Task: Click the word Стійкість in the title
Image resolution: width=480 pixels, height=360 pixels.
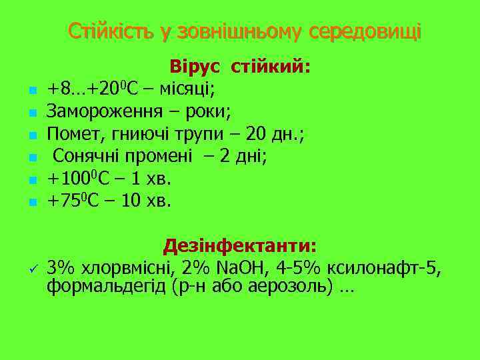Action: click(110, 31)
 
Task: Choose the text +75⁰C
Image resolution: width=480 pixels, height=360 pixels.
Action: click(72, 201)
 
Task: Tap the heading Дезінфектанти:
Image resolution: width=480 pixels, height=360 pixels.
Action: click(240, 246)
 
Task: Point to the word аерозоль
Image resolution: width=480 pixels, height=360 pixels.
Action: click(300, 288)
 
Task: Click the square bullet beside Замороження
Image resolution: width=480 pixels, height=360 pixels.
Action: click(31, 110)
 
